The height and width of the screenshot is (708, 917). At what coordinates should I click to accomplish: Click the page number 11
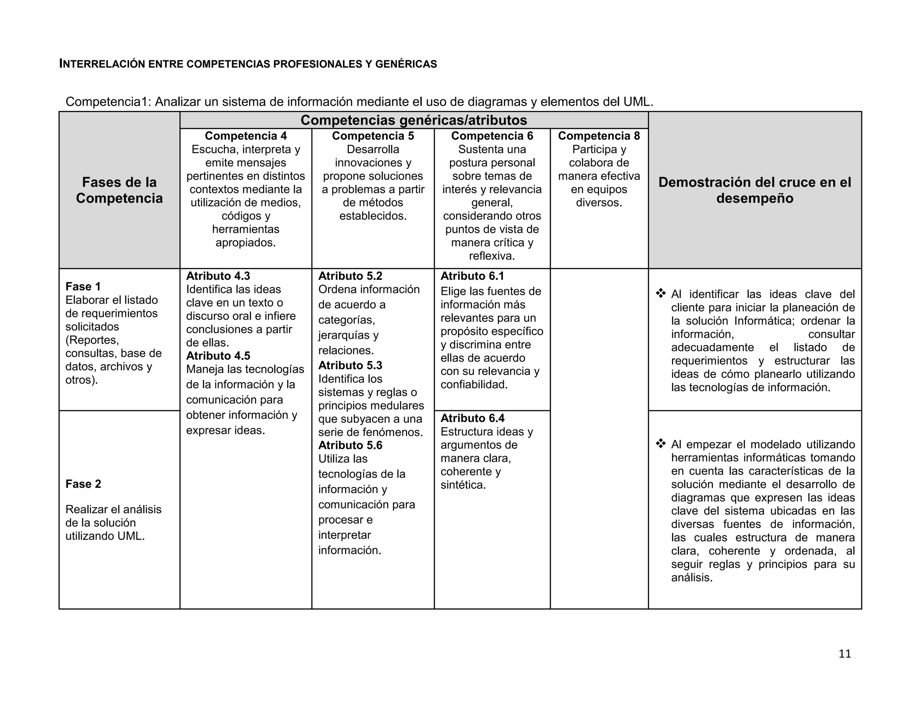coord(844,654)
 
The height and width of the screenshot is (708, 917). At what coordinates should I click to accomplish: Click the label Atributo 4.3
coord(218,276)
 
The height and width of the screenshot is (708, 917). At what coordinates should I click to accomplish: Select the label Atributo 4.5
coord(218,356)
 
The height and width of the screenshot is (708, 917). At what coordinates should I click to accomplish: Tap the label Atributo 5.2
coord(350,276)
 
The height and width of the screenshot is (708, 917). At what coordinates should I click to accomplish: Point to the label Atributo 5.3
coord(350,366)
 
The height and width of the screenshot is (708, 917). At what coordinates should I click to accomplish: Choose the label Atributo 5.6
coord(350,445)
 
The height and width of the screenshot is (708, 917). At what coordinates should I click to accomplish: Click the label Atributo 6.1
coord(472,276)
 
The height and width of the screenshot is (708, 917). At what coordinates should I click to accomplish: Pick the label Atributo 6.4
coord(472,418)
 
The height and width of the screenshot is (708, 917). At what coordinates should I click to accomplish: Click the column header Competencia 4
coord(246,136)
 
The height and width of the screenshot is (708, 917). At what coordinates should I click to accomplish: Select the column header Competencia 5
coord(373,136)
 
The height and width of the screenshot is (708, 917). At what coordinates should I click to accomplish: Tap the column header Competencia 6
coord(492,136)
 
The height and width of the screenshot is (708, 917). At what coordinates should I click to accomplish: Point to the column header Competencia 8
coord(599,136)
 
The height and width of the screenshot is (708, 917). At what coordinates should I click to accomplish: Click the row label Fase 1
coord(83,286)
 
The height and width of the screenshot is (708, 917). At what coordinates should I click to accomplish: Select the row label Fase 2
coord(83,484)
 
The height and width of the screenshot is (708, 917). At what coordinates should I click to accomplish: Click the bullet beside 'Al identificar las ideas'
coord(660,294)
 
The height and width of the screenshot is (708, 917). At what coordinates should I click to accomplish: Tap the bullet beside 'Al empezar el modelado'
coord(660,444)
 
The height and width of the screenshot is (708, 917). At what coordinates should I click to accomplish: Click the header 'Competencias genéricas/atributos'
coord(414,120)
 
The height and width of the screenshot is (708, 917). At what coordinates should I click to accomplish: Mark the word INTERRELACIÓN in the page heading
coord(102,64)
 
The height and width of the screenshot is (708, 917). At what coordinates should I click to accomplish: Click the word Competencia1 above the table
coord(108,102)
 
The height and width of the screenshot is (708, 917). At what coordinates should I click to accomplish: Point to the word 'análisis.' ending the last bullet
coord(691,578)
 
